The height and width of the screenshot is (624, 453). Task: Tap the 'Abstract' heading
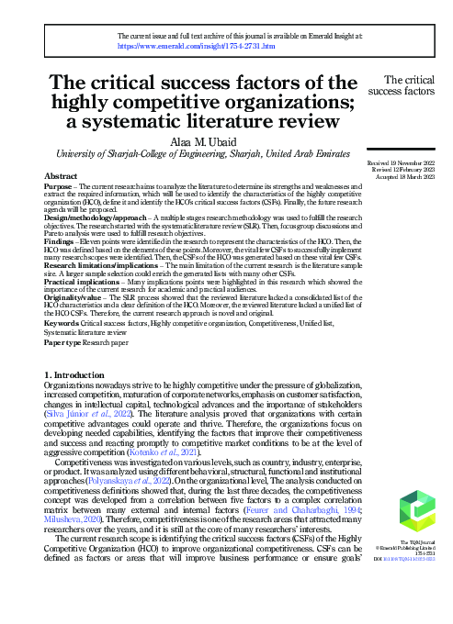click(61, 173)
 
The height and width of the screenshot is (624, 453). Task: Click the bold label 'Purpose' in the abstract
click(61, 185)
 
